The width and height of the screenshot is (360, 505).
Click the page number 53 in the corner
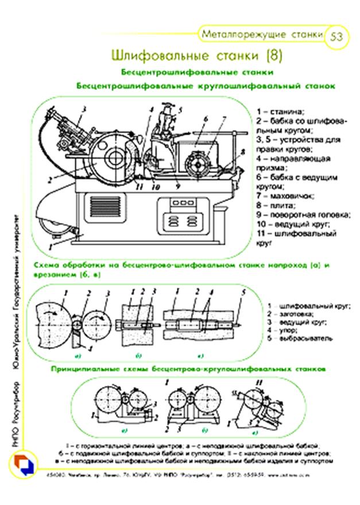[x=336, y=37]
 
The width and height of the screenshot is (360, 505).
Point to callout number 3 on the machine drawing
[x=84, y=108]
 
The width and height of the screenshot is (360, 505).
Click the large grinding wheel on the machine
[x=109, y=156]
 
